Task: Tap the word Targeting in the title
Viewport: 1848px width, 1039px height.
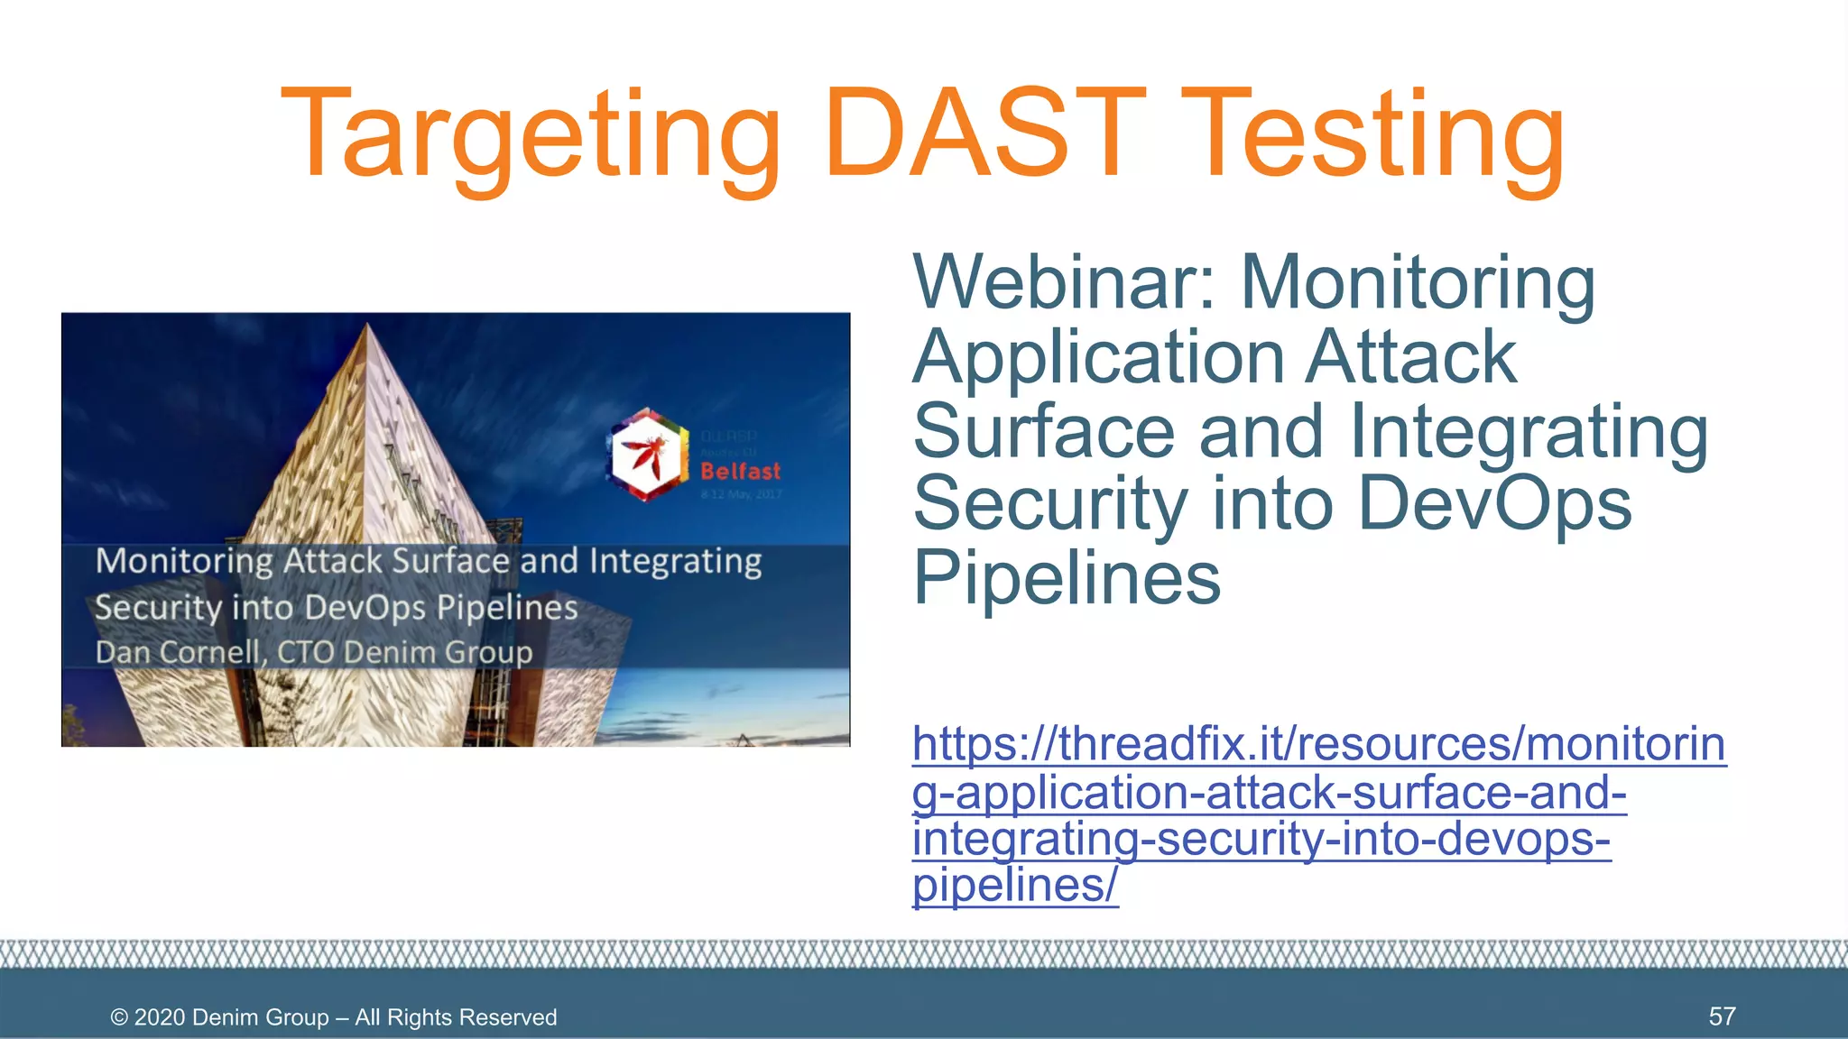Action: pyautogui.click(x=531, y=135)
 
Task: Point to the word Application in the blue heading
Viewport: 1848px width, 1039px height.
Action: pyautogui.click(x=1098, y=357)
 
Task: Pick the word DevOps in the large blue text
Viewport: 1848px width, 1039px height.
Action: pyautogui.click(x=1494, y=503)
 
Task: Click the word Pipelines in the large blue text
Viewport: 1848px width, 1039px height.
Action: pyautogui.click(x=1067, y=577)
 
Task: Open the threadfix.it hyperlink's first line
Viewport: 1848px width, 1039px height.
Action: pyautogui.click(x=1318, y=745)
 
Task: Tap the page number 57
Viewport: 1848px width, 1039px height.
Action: pyautogui.click(x=1722, y=1016)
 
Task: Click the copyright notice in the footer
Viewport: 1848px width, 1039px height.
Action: pyautogui.click(x=334, y=1017)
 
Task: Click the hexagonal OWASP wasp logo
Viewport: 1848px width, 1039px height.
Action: pyautogui.click(x=646, y=455)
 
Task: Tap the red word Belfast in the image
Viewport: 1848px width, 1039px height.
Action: pyautogui.click(x=740, y=471)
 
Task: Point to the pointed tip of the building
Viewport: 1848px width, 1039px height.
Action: pyautogui.click(x=368, y=326)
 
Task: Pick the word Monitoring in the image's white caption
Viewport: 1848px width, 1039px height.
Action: pyautogui.click(x=184, y=561)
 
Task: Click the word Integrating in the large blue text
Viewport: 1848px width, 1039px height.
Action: pyautogui.click(x=1529, y=431)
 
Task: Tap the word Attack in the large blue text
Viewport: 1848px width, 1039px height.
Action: pyautogui.click(x=1411, y=357)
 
